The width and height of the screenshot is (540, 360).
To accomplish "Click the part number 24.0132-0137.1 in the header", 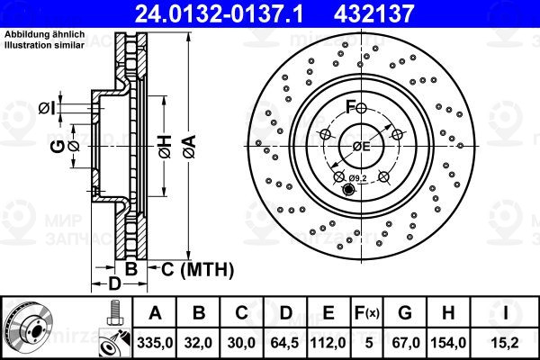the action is coord(219,13).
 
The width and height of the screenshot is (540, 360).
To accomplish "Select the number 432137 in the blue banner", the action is coord(373,13).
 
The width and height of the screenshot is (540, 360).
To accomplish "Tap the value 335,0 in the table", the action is coord(155,343).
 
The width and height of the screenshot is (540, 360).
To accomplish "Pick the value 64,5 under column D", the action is coord(284,343).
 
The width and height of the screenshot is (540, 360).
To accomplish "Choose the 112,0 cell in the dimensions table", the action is coord(328,343).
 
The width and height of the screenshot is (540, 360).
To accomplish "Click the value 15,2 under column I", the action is coord(506,343).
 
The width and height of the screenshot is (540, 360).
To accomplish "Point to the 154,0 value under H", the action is coord(448,343).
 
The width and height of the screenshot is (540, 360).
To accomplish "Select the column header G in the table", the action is coord(405,313).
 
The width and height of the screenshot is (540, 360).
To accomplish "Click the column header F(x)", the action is coord(367,313).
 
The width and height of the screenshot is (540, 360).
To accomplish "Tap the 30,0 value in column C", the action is coord(241,343).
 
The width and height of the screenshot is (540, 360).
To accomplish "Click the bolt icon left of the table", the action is coord(114,313).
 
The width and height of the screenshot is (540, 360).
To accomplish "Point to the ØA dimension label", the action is coord(189,147).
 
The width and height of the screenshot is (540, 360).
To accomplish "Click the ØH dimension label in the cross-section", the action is coord(165,147).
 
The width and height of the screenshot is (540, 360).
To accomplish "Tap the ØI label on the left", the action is coord(47,108).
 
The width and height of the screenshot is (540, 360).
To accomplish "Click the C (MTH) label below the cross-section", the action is coord(197,269).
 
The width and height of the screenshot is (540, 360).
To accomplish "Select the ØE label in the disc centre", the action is coord(361,147).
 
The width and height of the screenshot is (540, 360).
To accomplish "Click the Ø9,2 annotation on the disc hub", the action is coord(357,178).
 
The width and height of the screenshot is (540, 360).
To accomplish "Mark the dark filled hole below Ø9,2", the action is coord(348,190).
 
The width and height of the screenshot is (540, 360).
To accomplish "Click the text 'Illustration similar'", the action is coord(44,45).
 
